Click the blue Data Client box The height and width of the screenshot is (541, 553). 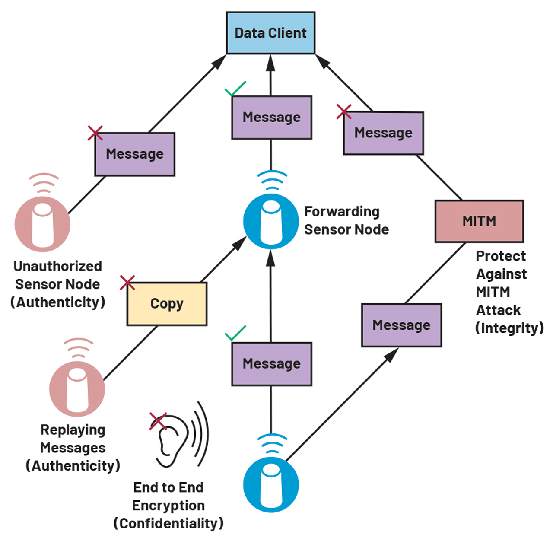click(x=270, y=33)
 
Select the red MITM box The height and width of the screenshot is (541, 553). click(x=479, y=221)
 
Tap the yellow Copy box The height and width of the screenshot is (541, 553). click(x=167, y=304)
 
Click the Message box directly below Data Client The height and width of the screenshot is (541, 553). click(x=271, y=117)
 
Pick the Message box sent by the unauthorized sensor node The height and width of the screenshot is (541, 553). click(x=135, y=154)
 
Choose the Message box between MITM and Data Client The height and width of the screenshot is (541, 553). click(x=383, y=133)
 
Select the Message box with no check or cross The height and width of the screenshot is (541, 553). click(x=401, y=325)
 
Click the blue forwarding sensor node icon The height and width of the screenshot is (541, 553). click(x=271, y=221)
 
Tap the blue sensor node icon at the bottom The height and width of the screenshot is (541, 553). click(x=271, y=484)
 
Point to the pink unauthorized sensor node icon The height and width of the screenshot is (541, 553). click(x=42, y=223)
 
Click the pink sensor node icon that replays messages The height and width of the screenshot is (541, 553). click(x=77, y=388)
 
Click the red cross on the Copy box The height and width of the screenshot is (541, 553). click(x=127, y=283)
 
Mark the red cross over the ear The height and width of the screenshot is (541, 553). click(x=158, y=421)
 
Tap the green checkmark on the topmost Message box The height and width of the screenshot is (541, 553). click(x=235, y=89)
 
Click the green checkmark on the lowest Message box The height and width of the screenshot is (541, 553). click(x=235, y=334)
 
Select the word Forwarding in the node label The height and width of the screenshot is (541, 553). click(x=342, y=212)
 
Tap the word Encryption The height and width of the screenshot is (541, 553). click(x=168, y=505)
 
